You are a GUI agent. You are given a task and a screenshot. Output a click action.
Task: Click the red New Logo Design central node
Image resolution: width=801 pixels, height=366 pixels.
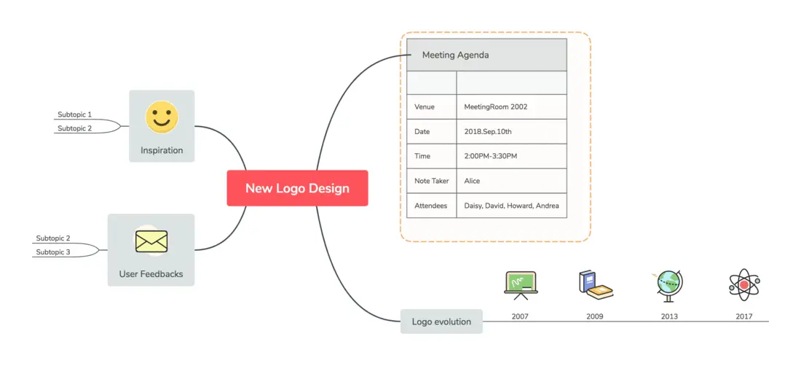click(297, 188)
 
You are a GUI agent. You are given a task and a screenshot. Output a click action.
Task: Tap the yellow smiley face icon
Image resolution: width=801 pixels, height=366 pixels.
click(162, 117)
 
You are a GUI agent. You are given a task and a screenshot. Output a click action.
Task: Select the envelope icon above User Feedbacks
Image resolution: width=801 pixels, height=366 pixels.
click(151, 241)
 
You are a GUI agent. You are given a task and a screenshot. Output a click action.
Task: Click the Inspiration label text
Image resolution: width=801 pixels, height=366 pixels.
click(162, 150)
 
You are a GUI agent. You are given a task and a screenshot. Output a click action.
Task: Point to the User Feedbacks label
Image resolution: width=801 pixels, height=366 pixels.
click(151, 274)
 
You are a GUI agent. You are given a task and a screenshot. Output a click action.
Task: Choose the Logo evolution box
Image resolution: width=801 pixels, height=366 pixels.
click(441, 322)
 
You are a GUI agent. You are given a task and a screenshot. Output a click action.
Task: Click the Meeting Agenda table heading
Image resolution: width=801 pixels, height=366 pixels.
click(455, 55)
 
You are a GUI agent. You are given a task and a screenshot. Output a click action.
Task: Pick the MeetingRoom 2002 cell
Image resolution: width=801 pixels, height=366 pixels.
click(495, 107)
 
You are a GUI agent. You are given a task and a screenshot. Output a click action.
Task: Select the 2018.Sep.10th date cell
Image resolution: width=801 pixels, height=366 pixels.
click(488, 131)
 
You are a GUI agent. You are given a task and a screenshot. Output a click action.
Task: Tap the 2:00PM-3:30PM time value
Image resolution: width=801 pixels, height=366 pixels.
click(490, 156)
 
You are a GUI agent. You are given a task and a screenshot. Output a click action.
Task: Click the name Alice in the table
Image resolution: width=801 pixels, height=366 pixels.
click(472, 180)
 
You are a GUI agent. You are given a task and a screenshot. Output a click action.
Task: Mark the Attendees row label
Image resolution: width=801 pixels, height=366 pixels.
click(430, 206)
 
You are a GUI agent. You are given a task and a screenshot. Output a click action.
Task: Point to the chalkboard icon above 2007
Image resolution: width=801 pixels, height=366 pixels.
click(520, 286)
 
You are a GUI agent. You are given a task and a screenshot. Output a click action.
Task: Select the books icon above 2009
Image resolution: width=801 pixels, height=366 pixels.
click(596, 285)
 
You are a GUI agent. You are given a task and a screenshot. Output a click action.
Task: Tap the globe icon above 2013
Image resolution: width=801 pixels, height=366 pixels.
click(668, 286)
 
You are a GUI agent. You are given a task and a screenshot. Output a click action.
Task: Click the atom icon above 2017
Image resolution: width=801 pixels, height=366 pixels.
click(744, 285)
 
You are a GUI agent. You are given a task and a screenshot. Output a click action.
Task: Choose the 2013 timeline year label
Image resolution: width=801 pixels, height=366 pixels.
click(669, 316)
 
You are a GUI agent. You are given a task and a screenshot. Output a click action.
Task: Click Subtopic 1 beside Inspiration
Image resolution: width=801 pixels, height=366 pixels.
click(74, 114)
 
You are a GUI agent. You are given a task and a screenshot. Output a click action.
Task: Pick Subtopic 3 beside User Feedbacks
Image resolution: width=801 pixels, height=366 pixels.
click(53, 252)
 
